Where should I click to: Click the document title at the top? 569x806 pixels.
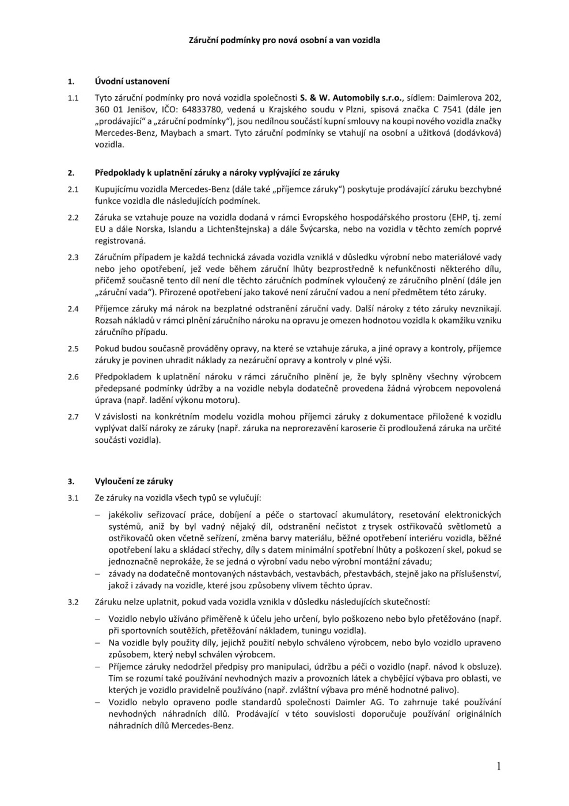[284, 40]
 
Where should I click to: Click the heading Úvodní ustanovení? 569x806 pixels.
[132, 81]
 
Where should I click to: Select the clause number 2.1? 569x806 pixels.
[73, 189]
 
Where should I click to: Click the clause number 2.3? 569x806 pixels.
[73, 257]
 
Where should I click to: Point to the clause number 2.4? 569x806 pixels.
[73, 309]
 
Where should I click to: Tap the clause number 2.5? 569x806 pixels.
[73, 349]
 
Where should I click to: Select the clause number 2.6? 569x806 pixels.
[73, 377]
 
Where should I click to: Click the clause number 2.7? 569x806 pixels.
[73, 417]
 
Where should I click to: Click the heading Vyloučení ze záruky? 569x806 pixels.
[134, 481]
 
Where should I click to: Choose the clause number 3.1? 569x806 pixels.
[73, 498]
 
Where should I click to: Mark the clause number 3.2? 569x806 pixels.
[73, 603]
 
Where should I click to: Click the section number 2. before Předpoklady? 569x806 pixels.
[71, 173]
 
